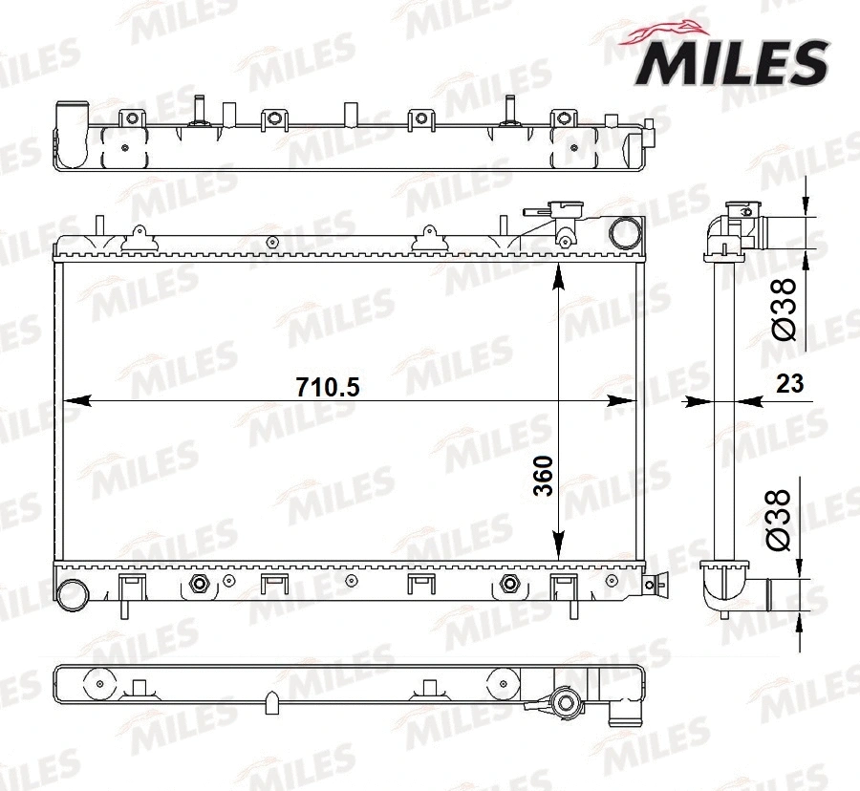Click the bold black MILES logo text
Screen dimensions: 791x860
(x=732, y=62)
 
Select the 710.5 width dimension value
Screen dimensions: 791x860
(x=327, y=387)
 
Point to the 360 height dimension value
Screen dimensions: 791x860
(x=542, y=476)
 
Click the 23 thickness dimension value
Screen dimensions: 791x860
(x=789, y=384)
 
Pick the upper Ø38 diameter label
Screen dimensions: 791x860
(x=782, y=309)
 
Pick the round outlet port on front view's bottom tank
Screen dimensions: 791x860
(x=71, y=593)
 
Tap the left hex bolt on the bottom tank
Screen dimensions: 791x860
(x=200, y=584)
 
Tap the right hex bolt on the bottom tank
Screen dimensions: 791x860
(x=509, y=584)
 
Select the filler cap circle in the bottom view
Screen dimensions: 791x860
(x=567, y=705)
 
